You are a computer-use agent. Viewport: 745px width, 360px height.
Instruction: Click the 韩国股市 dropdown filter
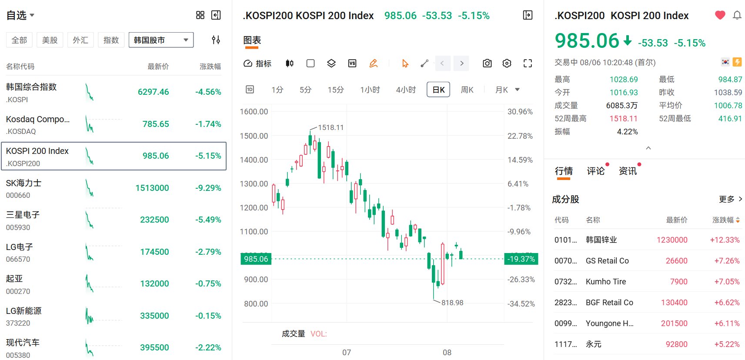(x=161, y=40)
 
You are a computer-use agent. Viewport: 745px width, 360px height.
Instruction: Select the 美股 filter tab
(x=50, y=40)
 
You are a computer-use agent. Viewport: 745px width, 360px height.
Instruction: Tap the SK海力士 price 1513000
(x=152, y=188)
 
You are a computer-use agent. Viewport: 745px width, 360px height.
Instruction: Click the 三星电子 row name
(x=23, y=215)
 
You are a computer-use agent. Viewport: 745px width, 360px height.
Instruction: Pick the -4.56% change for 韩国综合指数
(x=208, y=92)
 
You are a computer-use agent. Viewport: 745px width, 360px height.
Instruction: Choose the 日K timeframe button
(x=438, y=90)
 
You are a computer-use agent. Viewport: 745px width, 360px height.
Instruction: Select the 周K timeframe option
(x=467, y=90)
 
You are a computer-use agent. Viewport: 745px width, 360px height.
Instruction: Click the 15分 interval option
(x=336, y=90)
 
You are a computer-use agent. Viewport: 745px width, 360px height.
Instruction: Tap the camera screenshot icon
(x=487, y=63)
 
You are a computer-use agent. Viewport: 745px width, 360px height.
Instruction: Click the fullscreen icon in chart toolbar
(x=528, y=63)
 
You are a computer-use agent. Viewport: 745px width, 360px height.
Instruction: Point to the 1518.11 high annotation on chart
(x=331, y=127)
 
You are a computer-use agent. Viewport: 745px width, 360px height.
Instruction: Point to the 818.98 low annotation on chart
(x=452, y=303)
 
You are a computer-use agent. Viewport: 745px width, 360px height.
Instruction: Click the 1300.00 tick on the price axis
(x=254, y=184)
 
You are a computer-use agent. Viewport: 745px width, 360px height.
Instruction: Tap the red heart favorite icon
(x=720, y=15)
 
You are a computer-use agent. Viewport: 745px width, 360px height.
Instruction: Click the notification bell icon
(x=737, y=15)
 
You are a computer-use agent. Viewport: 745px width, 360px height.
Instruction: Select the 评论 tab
(x=596, y=171)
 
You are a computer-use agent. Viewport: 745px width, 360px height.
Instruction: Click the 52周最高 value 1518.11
(x=624, y=118)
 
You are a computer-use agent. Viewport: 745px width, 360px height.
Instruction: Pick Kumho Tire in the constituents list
(x=606, y=282)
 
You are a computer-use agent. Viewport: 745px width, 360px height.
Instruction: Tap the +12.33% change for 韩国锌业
(x=725, y=240)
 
